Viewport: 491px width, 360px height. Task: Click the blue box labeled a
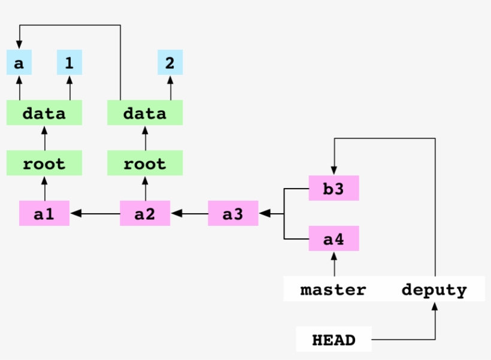click(19, 62)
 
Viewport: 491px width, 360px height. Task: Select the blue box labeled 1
click(69, 62)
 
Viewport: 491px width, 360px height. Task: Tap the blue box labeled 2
click(170, 62)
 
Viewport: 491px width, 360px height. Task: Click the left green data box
click(44, 113)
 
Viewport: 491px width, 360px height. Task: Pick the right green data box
click(145, 113)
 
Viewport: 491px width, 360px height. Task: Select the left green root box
click(44, 163)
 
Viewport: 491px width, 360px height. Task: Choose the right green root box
click(145, 163)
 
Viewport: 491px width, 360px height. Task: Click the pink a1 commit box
click(44, 213)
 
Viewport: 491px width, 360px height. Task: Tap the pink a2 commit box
click(145, 213)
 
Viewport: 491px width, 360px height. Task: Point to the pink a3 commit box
click(233, 213)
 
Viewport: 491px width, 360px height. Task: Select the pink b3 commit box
click(334, 188)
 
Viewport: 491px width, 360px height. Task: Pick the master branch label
click(333, 289)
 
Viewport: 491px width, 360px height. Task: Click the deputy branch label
click(434, 289)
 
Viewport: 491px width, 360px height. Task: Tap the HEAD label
click(334, 340)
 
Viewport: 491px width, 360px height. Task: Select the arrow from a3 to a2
click(189, 213)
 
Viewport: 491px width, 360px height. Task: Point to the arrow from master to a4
click(334, 264)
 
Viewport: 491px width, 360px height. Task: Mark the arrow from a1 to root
click(44, 188)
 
